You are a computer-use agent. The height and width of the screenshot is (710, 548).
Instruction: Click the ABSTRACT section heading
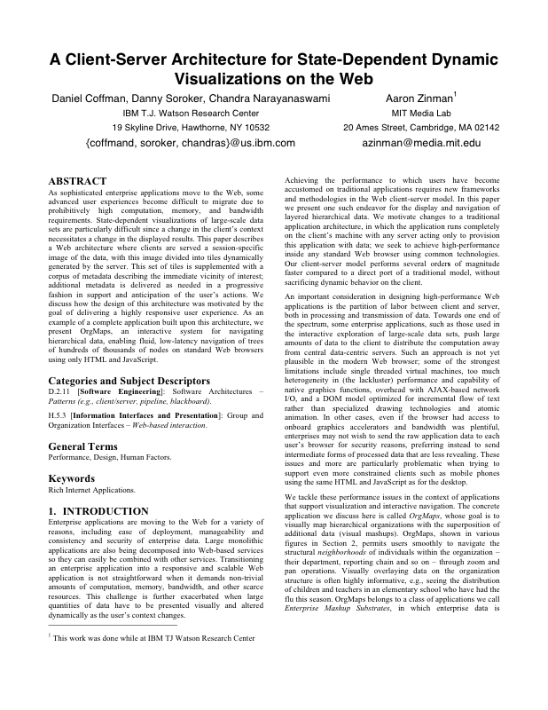coord(77,180)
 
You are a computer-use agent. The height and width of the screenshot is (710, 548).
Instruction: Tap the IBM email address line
coord(191,142)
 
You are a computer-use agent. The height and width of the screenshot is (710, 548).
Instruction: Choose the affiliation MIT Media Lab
coord(421,113)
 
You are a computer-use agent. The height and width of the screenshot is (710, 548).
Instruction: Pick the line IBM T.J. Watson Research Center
coord(191,113)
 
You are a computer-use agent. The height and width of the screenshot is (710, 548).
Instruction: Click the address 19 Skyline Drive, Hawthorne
coord(191,127)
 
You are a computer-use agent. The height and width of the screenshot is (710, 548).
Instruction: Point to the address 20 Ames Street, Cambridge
coord(421,127)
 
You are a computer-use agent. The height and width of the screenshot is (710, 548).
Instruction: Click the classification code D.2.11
coord(59,391)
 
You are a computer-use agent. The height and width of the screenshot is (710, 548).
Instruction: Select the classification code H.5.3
coord(58,414)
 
